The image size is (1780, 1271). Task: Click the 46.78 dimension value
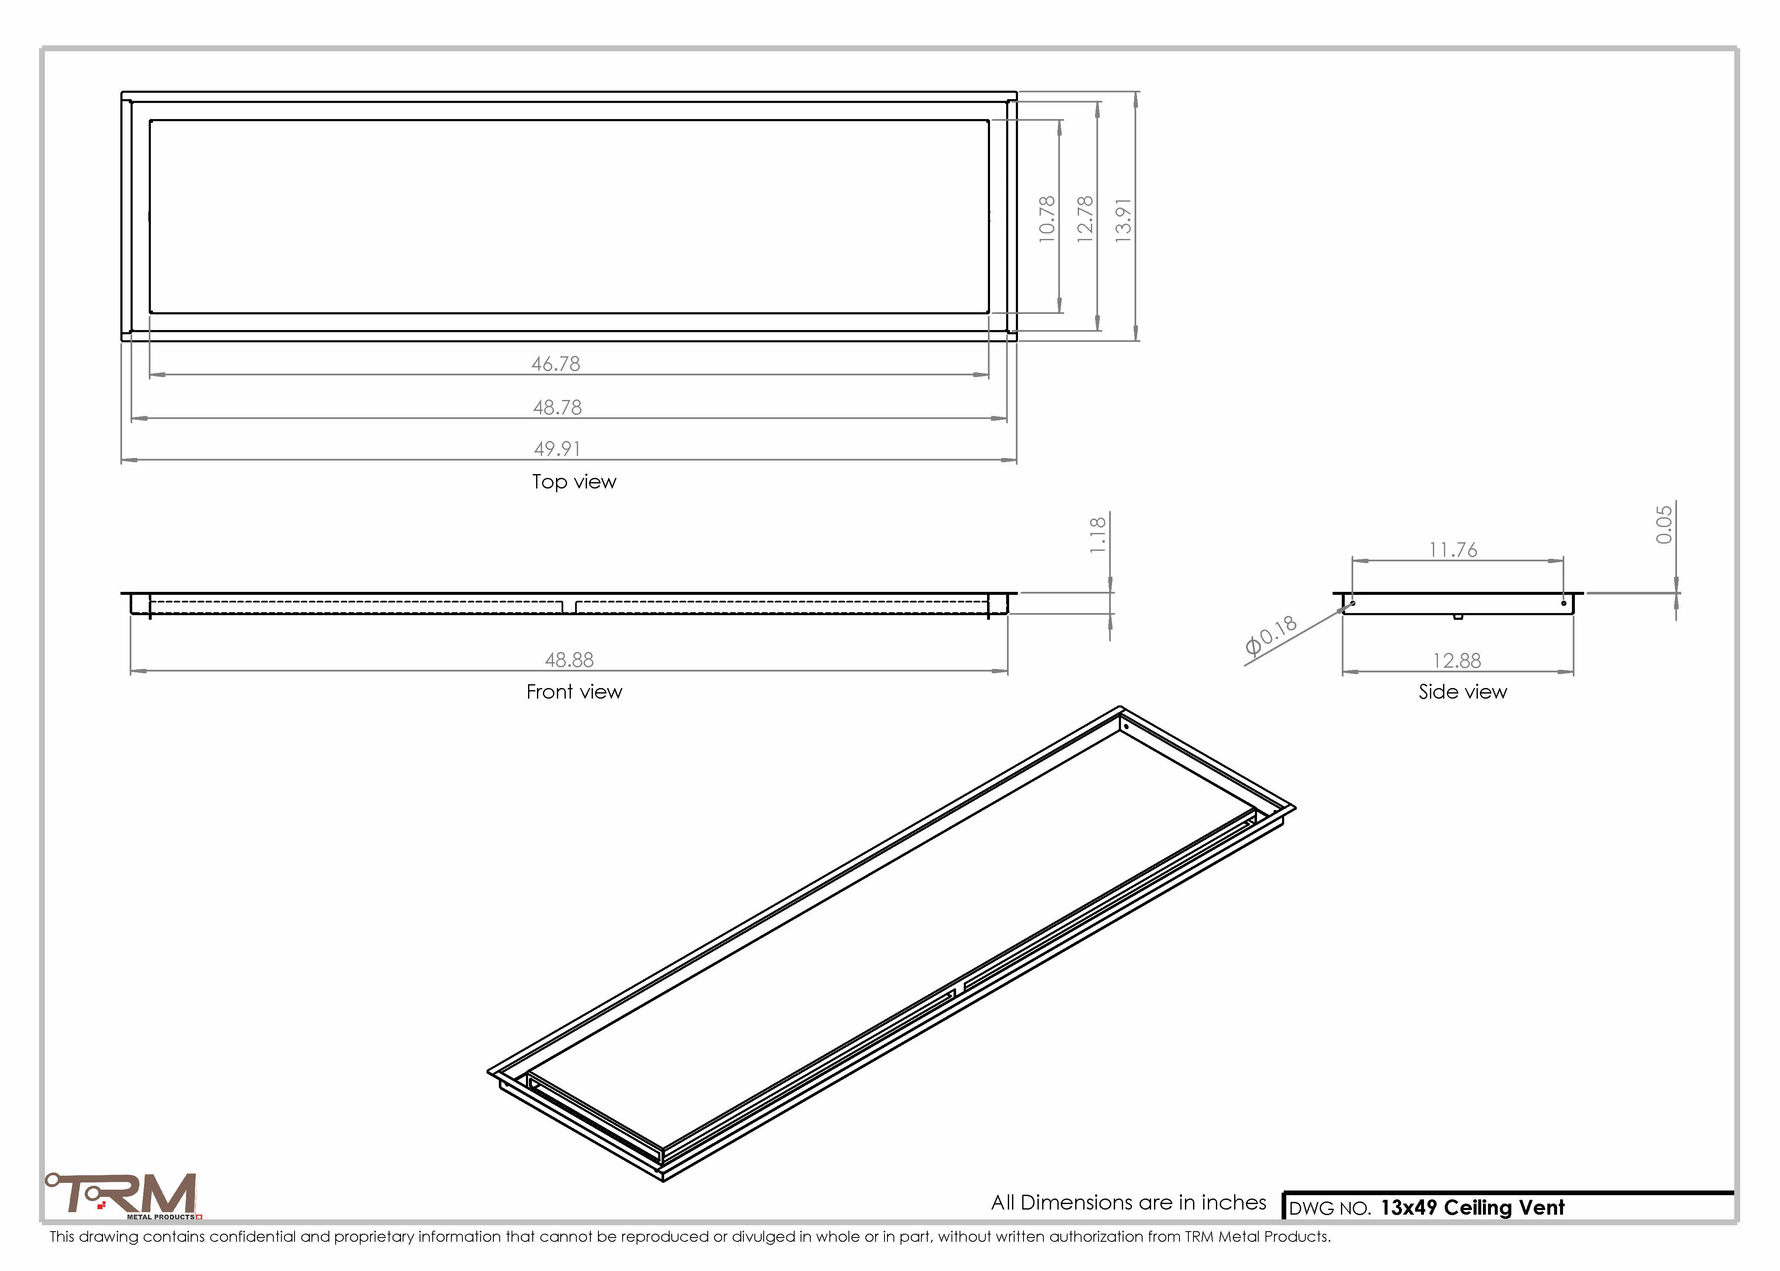point(556,364)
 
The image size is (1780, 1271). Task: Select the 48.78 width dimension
point(557,408)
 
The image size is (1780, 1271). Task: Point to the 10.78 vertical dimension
point(1046,219)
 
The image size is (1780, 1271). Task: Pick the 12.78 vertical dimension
point(1085,219)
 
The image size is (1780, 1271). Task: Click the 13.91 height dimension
point(1123,220)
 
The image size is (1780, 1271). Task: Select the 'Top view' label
point(574,482)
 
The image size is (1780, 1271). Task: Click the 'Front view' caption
point(574,692)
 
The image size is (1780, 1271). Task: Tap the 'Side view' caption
point(1462,692)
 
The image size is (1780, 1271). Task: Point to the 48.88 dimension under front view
point(569,660)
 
